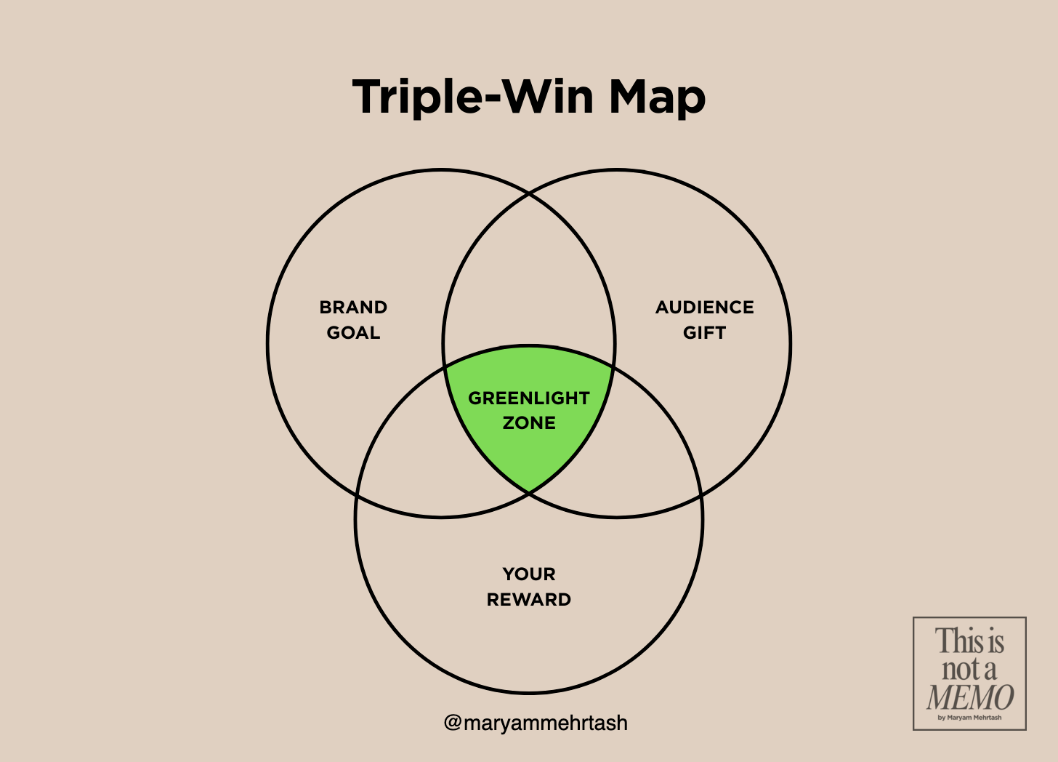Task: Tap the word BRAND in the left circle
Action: [x=353, y=307]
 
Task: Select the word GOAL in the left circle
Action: [x=353, y=332]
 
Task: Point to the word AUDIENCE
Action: [x=704, y=307]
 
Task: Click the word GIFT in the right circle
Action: [x=704, y=332]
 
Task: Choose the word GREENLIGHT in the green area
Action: [x=528, y=398]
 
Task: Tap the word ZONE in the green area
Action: [x=528, y=422]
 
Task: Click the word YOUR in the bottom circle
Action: [x=528, y=574]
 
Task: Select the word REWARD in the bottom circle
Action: [x=528, y=599]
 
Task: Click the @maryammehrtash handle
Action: [x=536, y=723]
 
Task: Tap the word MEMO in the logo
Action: [x=969, y=697]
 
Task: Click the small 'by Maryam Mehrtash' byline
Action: [x=969, y=718]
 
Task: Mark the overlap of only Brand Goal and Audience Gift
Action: [x=529, y=284]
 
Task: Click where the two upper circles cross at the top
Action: [x=529, y=193]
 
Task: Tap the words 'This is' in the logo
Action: [x=969, y=641]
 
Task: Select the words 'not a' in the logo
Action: [x=969, y=668]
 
